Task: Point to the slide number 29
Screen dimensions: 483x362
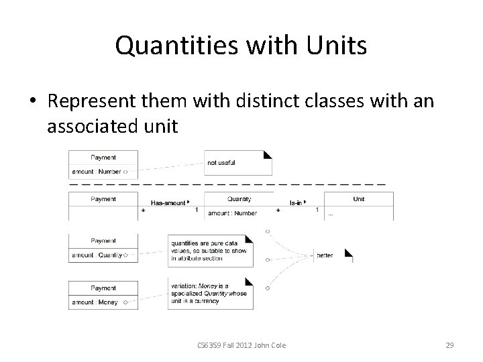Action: [449, 345]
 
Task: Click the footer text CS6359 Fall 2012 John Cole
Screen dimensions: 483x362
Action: [241, 345]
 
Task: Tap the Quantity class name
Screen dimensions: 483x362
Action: [239, 199]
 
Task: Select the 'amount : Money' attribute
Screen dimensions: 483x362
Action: [95, 302]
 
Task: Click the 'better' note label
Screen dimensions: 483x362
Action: [325, 255]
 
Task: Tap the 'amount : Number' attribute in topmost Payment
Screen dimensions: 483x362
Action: [97, 172]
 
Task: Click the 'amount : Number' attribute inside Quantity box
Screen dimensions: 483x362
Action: [233, 213]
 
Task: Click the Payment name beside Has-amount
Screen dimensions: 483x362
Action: [103, 199]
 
